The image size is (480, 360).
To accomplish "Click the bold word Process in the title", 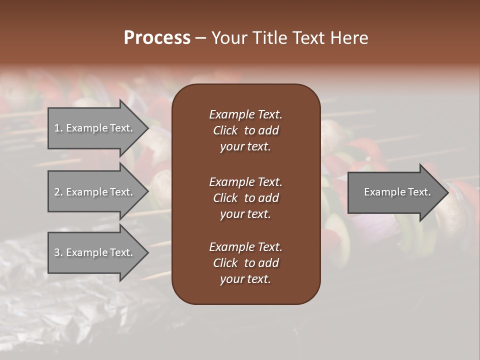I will coord(157,38).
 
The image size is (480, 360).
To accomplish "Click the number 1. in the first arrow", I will coord(58,128).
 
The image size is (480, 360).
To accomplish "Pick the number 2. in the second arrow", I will coord(58,192).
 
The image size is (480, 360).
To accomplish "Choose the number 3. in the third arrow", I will coord(58,252).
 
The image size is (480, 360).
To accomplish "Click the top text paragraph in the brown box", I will coord(245,130).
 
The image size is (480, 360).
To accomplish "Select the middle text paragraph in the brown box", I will coord(245,197).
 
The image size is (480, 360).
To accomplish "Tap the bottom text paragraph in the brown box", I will coord(245,263).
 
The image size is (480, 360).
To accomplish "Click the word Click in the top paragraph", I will coord(225,130).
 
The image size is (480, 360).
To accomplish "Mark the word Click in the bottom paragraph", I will coord(225,263).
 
